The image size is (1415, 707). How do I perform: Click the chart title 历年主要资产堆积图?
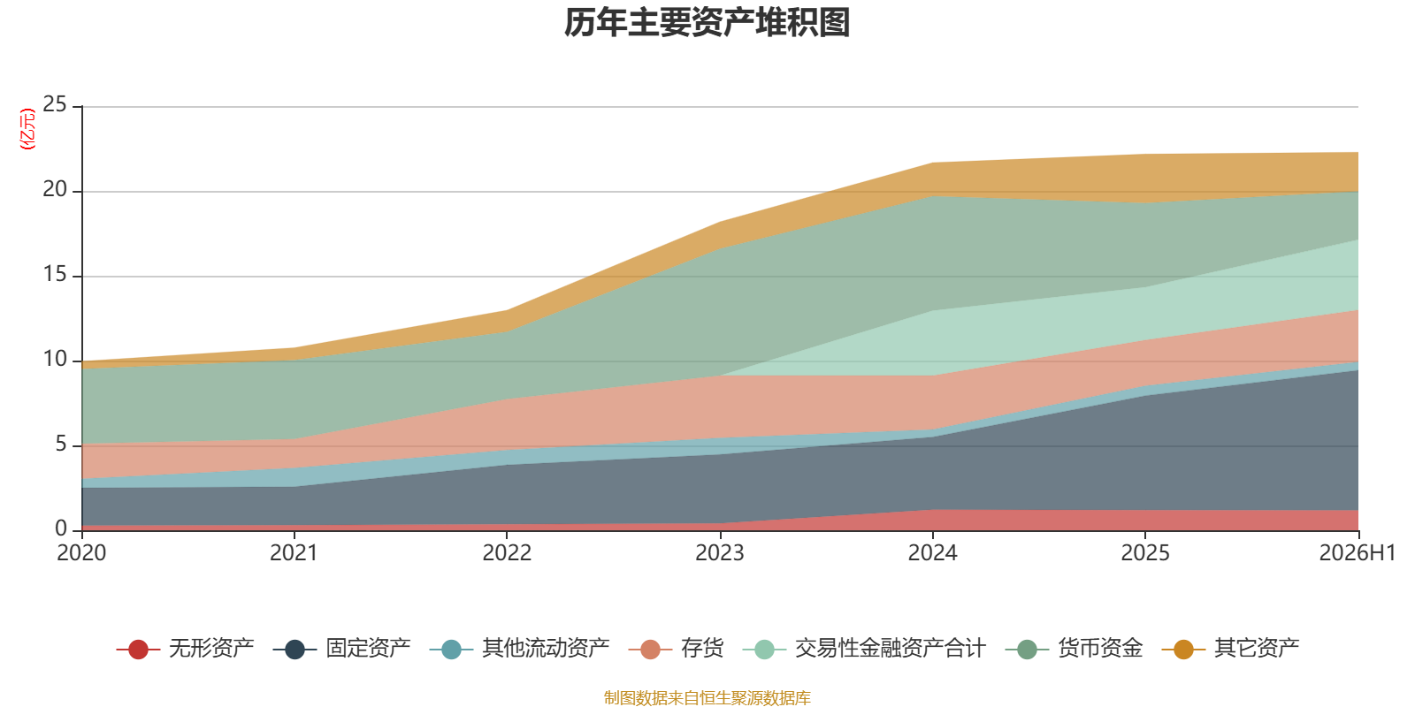pyautogui.click(x=707, y=23)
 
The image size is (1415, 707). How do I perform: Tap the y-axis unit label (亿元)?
pyautogui.click(x=27, y=129)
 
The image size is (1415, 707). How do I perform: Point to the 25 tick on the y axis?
pyautogui.click(x=54, y=105)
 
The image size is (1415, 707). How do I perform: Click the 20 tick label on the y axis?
pyautogui.click(x=54, y=189)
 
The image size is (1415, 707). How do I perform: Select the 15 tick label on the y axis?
pyautogui.click(x=54, y=275)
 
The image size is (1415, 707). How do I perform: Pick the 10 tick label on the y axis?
pyautogui.click(x=54, y=359)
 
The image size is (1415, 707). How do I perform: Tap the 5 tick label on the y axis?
pyautogui.click(x=61, y=445)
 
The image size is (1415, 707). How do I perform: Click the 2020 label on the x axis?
pyautogui.click(x=81, y=553)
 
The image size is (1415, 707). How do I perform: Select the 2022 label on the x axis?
pyautogui.click(x=508, y=553)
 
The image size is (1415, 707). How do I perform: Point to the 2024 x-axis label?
pyautogui.click(x=932, y=553)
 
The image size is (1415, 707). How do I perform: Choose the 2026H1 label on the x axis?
pyautogui.click(x=1357, y=553)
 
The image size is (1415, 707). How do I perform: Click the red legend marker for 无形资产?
pyautogui.click(x=138, y=649)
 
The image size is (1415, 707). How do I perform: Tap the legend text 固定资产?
pyautogui.click(x=368, y=649)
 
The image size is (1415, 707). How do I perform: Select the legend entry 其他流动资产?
pyautogui.click(x=519, y=649)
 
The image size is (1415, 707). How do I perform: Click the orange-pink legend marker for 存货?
pyautogui.click(x=650, y=649)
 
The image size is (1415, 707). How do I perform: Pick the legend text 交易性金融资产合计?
pyautogui.click(x=890, y=649)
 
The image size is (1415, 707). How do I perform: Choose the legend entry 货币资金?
pyautogui.click(x=1074, y=649)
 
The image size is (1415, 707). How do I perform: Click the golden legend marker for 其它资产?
pyautogui.click(x=1183, y=649)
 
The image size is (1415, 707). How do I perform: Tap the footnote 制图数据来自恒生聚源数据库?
pyautogui.click(x=707, y=697)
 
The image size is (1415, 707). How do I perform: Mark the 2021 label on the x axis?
pyautogui.click(x=294, y=553)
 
